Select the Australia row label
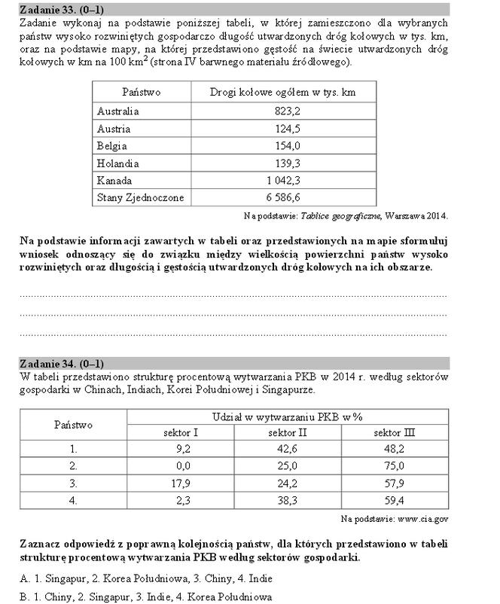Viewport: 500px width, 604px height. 118,111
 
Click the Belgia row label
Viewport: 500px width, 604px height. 112,145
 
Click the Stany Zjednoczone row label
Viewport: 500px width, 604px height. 140,197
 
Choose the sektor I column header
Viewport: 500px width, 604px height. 180,433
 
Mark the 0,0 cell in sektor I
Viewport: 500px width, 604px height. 181,465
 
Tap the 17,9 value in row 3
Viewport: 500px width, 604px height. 181,482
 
